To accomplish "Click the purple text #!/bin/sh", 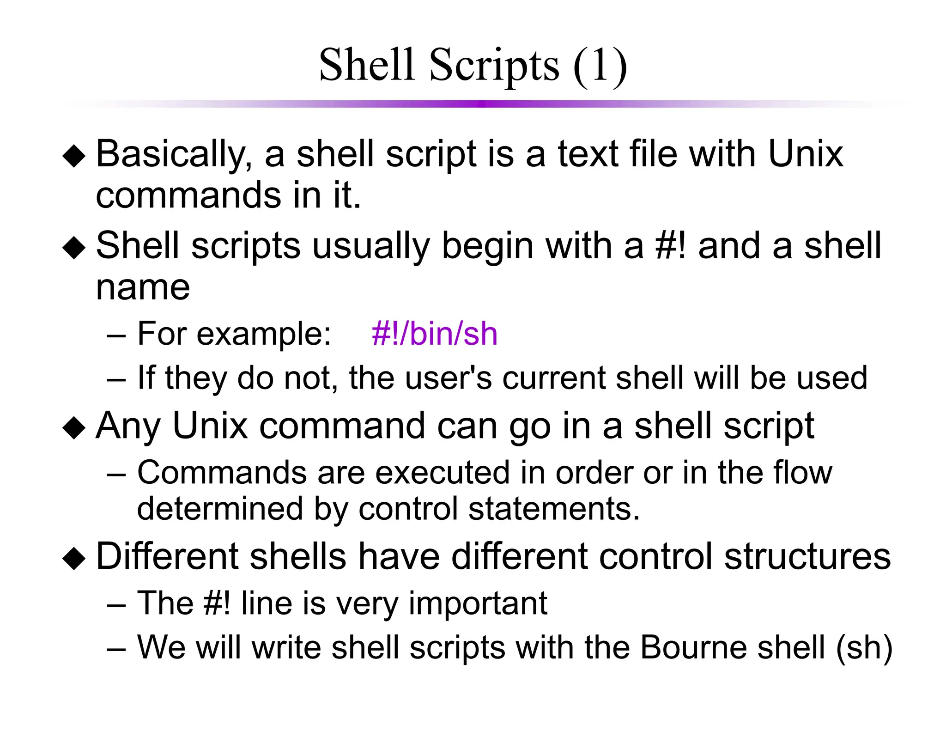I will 434,334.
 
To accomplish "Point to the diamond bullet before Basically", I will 74,156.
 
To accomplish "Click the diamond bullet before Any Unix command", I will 74,427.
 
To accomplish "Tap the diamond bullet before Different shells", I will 74,558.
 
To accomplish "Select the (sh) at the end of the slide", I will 864,648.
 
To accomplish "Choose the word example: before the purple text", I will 263,335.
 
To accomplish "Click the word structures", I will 807,556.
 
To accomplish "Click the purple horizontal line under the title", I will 480,104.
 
